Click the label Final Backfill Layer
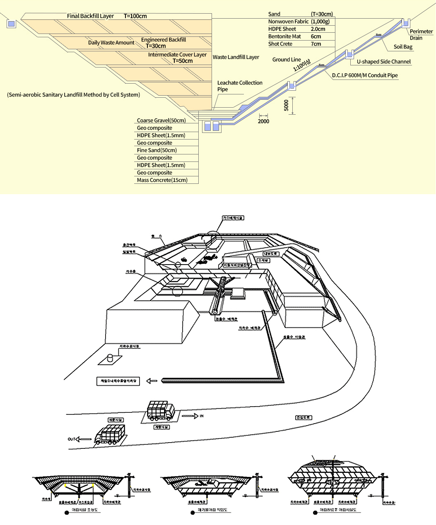(90, 16)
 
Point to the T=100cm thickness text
(135, 16)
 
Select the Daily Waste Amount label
(111, 43)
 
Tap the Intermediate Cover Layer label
(177, 55)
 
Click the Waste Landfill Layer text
(236, 57)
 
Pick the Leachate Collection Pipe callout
(239, 86)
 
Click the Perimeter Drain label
(421, 34)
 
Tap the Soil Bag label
(403, 47)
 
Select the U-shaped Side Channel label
(383, 62)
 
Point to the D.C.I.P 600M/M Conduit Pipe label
(364, 75)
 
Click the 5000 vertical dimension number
(286, 105)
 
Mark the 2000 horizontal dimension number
(263, 121)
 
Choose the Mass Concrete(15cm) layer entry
(162, 180)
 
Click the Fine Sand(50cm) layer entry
(157, 150)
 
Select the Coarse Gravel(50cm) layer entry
(161, 120)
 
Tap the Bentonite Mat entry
(284, 36)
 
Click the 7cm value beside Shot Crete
(316, 44)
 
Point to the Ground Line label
(286, 60)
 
